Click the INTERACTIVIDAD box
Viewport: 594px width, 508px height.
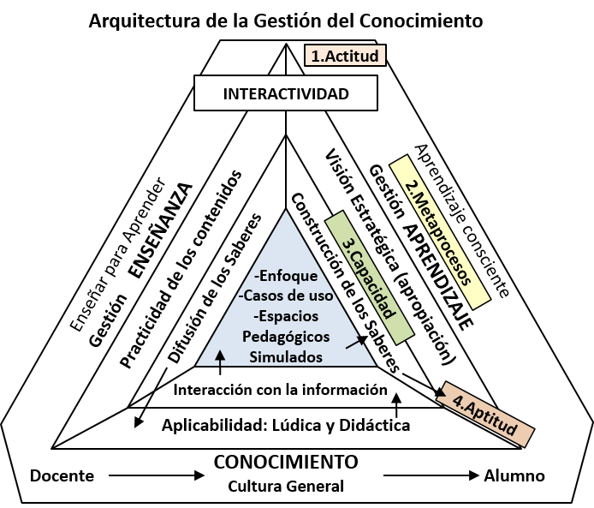point(285,93)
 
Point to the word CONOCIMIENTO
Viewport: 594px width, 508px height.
point(285,462)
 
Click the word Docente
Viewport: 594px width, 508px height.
point(62,475)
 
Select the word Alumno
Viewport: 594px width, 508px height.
point(514,475)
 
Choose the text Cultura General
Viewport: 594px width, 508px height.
point(285,487)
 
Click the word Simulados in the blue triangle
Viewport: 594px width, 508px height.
point(285,356)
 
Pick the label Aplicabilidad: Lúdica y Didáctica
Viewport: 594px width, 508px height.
point(286,425)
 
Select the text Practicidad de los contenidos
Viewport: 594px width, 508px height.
point(180,268)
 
